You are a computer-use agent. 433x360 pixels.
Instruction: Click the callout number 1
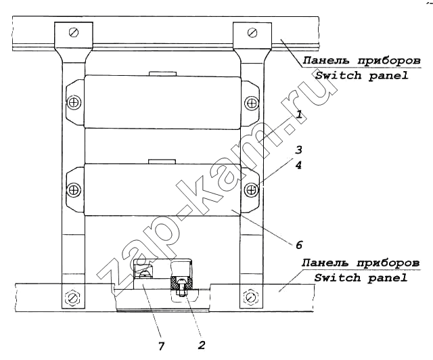click(x=299, y=114)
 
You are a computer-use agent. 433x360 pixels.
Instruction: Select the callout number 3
click(x=298, y=150)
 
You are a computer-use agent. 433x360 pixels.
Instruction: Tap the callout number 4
click(x=298, y=165)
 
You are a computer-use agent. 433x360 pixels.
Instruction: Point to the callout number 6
click(x=299, y=245)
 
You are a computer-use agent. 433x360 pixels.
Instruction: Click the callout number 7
click(x=161, y=346)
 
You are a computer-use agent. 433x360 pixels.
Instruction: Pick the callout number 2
click(x=202, y=345)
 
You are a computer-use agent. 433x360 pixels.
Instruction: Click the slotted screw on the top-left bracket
click(x=74, y=32)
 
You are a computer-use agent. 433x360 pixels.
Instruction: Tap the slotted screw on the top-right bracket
click(x=252, y=32)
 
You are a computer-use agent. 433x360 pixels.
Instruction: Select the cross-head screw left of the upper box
click(x=74, y=102)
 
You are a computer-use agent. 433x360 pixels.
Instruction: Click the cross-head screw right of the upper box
click(x=252, y=103)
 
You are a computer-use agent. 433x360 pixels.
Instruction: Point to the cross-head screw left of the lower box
click(x=74, y=189)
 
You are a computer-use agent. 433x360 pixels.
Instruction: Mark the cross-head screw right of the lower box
click(x=252, y=189)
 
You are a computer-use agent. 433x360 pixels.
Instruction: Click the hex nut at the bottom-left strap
click(x=72, y=298)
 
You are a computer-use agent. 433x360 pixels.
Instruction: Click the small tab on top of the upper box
click(x=162, y=74)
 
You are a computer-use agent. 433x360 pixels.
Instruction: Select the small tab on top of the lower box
click(x=162, y=161)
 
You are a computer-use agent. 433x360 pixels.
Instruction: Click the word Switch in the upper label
click(x=338, y=75)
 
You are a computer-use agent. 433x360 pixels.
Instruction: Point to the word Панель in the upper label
click(x=326, y=60)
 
